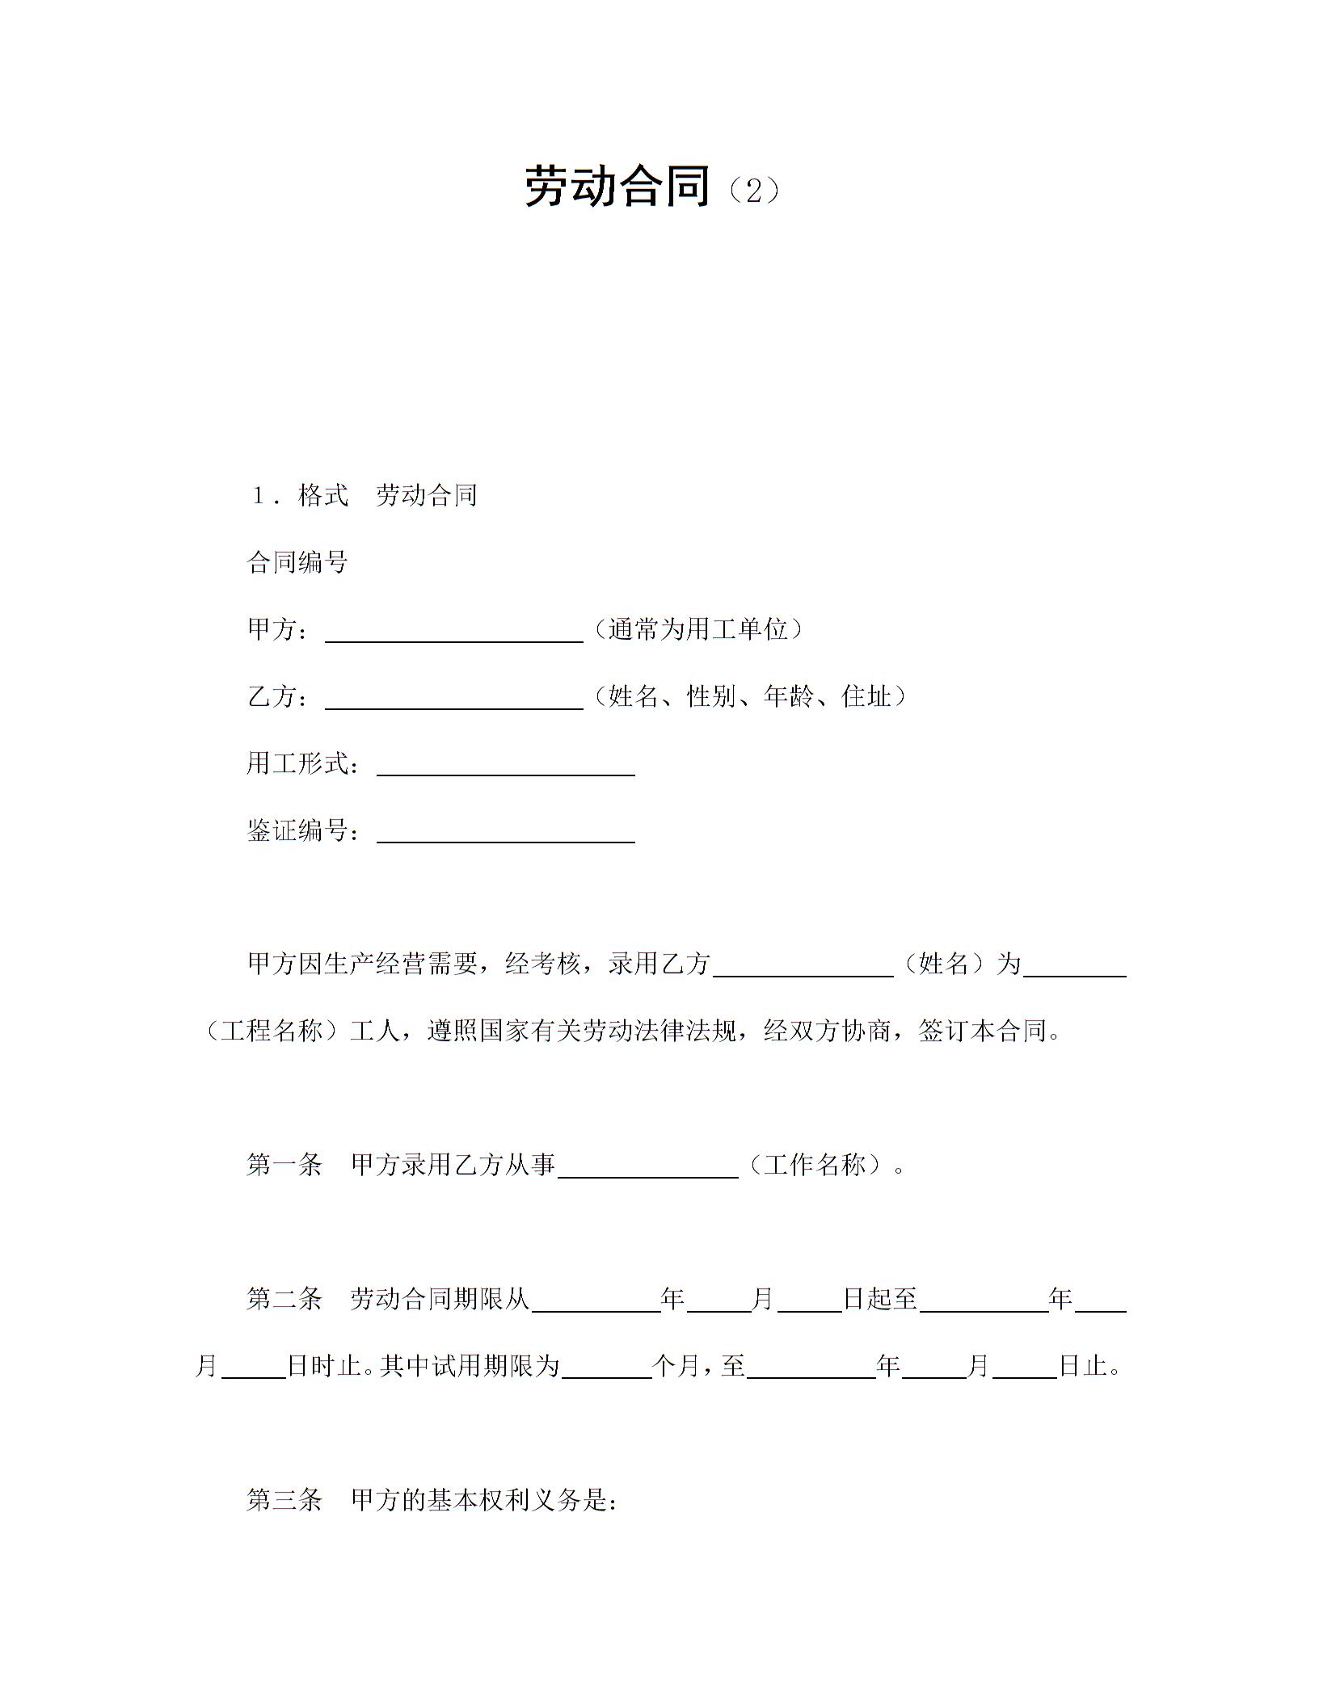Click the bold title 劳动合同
[x=617, y=187]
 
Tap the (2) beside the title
[x=753, y=191]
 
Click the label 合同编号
[x=297, y=562]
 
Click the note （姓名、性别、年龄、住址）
[x=749, y=696]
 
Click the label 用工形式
[x=297, y=763]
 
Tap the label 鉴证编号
[x=297, y=830]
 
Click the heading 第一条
[x=284, y=1165]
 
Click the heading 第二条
[x=284, y=1299]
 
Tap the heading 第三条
[x=284, y=1500]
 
